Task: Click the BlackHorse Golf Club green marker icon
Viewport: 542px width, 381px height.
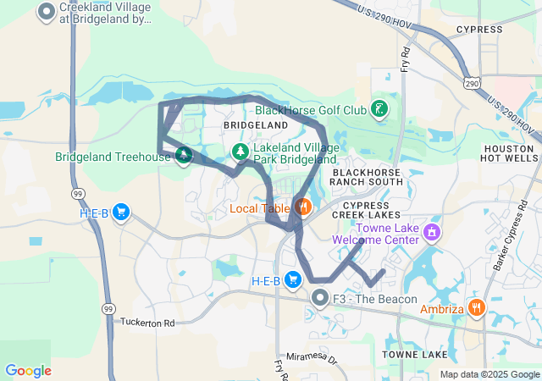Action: [380, 108]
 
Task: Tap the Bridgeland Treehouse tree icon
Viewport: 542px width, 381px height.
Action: [183, 156]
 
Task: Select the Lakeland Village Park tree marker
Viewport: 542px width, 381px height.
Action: [241, 151]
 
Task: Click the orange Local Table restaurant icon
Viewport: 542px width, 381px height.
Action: [303, 207]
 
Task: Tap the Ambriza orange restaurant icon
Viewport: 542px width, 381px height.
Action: [477, 308]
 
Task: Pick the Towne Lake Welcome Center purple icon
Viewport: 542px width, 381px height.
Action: [433, 230]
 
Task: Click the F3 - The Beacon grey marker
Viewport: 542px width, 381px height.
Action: [319, 298]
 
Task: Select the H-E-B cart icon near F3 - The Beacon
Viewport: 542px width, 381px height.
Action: [293, 279]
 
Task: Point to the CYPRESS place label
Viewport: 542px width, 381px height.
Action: [478, 30]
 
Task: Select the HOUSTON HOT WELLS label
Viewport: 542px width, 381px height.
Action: [509, 153]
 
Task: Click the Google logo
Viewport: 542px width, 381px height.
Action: [28, 371]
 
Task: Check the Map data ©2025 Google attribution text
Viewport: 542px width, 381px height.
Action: [489, 374]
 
